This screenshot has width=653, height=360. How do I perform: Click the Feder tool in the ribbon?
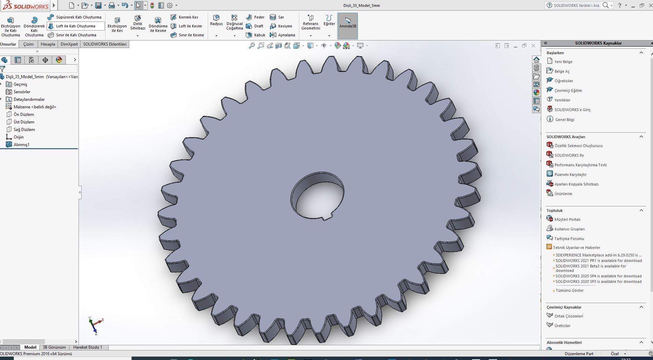pos(255,17)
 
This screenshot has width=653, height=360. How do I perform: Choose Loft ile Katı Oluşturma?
pos(75,26)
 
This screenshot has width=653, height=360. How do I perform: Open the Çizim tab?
pos(28,44)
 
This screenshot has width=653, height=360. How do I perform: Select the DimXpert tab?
pos(69,44)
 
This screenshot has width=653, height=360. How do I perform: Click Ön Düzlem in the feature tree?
pos(24,115)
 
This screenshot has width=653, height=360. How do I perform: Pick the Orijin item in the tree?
pos(19,137)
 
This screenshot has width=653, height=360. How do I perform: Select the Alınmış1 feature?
pos(21,145)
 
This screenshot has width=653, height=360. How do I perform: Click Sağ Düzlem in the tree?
pos(24,130)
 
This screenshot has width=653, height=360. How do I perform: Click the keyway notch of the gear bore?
pos(327,216)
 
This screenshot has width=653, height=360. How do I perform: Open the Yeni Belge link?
pos(563,62)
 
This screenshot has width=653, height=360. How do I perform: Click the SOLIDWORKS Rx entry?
pos(569,155)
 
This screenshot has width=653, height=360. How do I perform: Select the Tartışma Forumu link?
pos(569,239)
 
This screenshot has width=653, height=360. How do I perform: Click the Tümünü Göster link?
pos(569,290)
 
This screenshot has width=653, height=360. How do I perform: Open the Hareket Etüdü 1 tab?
pos(88,347)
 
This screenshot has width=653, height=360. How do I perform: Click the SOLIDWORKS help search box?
pos(576,5)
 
